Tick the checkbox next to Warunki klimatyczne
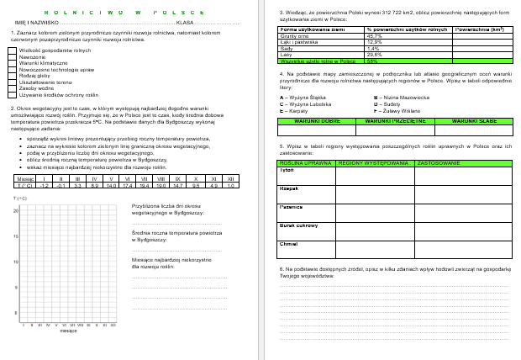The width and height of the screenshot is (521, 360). pos(12,62)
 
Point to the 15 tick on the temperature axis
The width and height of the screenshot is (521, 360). pos(16,236)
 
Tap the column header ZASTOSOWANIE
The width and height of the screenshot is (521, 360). pos(438,161)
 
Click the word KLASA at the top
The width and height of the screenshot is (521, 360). pos(186,23)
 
